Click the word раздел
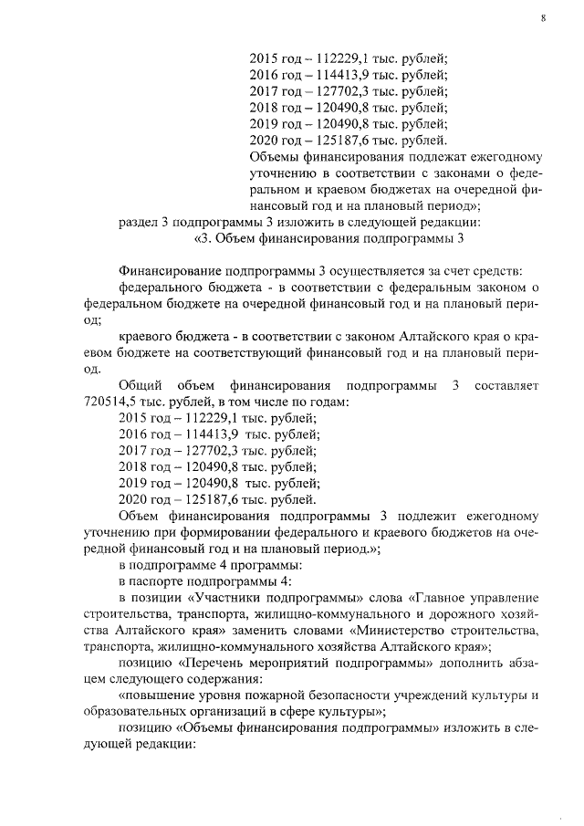141,222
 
